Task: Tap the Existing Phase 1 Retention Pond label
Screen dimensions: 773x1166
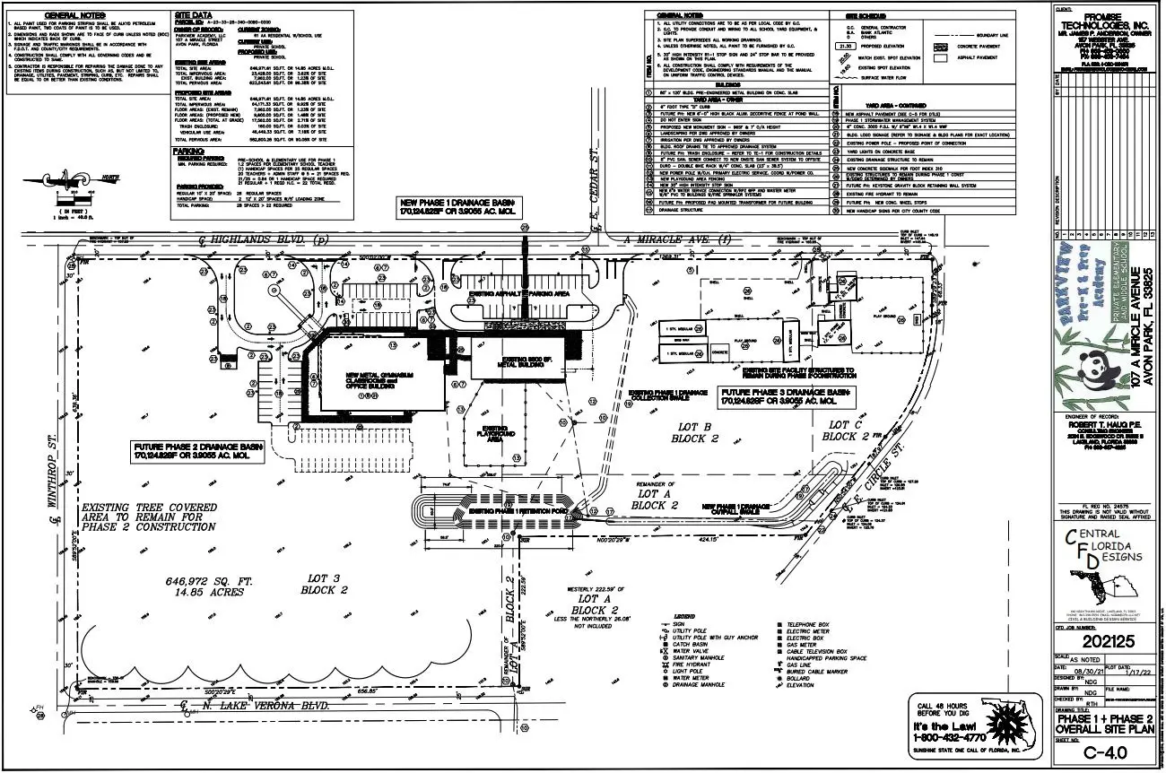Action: pos(509,510)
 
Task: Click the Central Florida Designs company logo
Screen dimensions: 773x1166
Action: pos(1101,560)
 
